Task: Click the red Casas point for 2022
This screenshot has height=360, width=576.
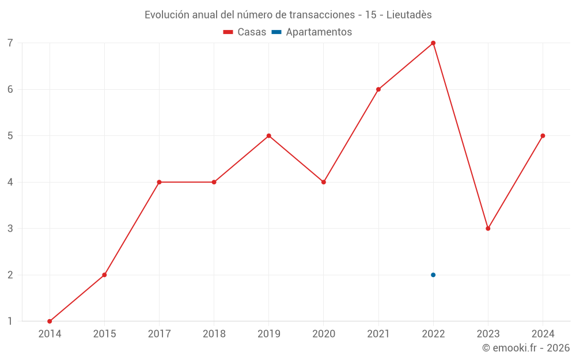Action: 433,43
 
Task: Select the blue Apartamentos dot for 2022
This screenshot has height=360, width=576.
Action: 433,275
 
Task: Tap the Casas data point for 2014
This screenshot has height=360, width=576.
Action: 50,321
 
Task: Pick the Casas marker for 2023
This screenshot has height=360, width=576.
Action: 488,229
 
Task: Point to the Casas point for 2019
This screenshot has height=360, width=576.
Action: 269,136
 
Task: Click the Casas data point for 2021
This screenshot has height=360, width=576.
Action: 378,89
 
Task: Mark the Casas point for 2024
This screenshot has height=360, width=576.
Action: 543,136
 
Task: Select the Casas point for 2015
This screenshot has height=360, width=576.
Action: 104,275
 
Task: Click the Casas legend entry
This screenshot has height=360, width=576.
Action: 245,32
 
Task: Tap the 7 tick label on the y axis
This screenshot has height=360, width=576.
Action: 10,43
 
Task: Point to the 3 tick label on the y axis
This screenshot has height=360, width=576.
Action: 10,229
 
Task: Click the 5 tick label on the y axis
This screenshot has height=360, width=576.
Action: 10,136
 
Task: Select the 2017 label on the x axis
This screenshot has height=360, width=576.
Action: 159,334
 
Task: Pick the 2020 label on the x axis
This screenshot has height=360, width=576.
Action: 324,334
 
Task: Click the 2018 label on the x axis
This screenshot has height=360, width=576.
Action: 214,334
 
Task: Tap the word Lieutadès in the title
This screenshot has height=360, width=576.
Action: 409,15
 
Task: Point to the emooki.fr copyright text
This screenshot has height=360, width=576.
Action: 526,348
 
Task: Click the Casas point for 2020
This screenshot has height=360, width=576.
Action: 324,182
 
